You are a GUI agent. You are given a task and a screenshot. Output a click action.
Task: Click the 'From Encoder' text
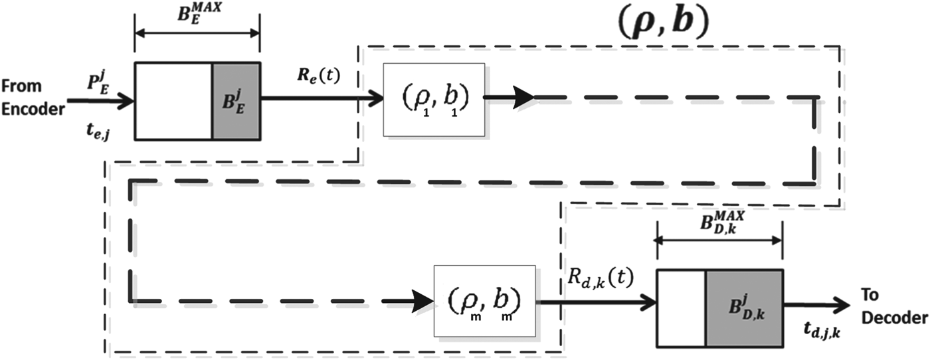(x=31, y=98)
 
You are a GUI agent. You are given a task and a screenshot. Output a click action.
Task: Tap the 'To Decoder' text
(x=893, y=306)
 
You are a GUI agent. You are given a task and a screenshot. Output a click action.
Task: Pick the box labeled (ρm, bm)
(x=484, y=302)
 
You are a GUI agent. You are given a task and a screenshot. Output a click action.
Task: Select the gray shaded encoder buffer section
(x=236, y=102)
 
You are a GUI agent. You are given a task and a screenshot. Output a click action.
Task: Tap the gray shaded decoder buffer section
(x=743, y=308)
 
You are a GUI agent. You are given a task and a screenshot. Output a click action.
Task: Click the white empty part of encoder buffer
(x=173, y=102)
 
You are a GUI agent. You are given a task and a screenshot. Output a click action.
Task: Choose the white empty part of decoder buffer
(x=681, y=308)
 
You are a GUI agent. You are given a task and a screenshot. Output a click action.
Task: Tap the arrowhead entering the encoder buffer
(x=126, y=102)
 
